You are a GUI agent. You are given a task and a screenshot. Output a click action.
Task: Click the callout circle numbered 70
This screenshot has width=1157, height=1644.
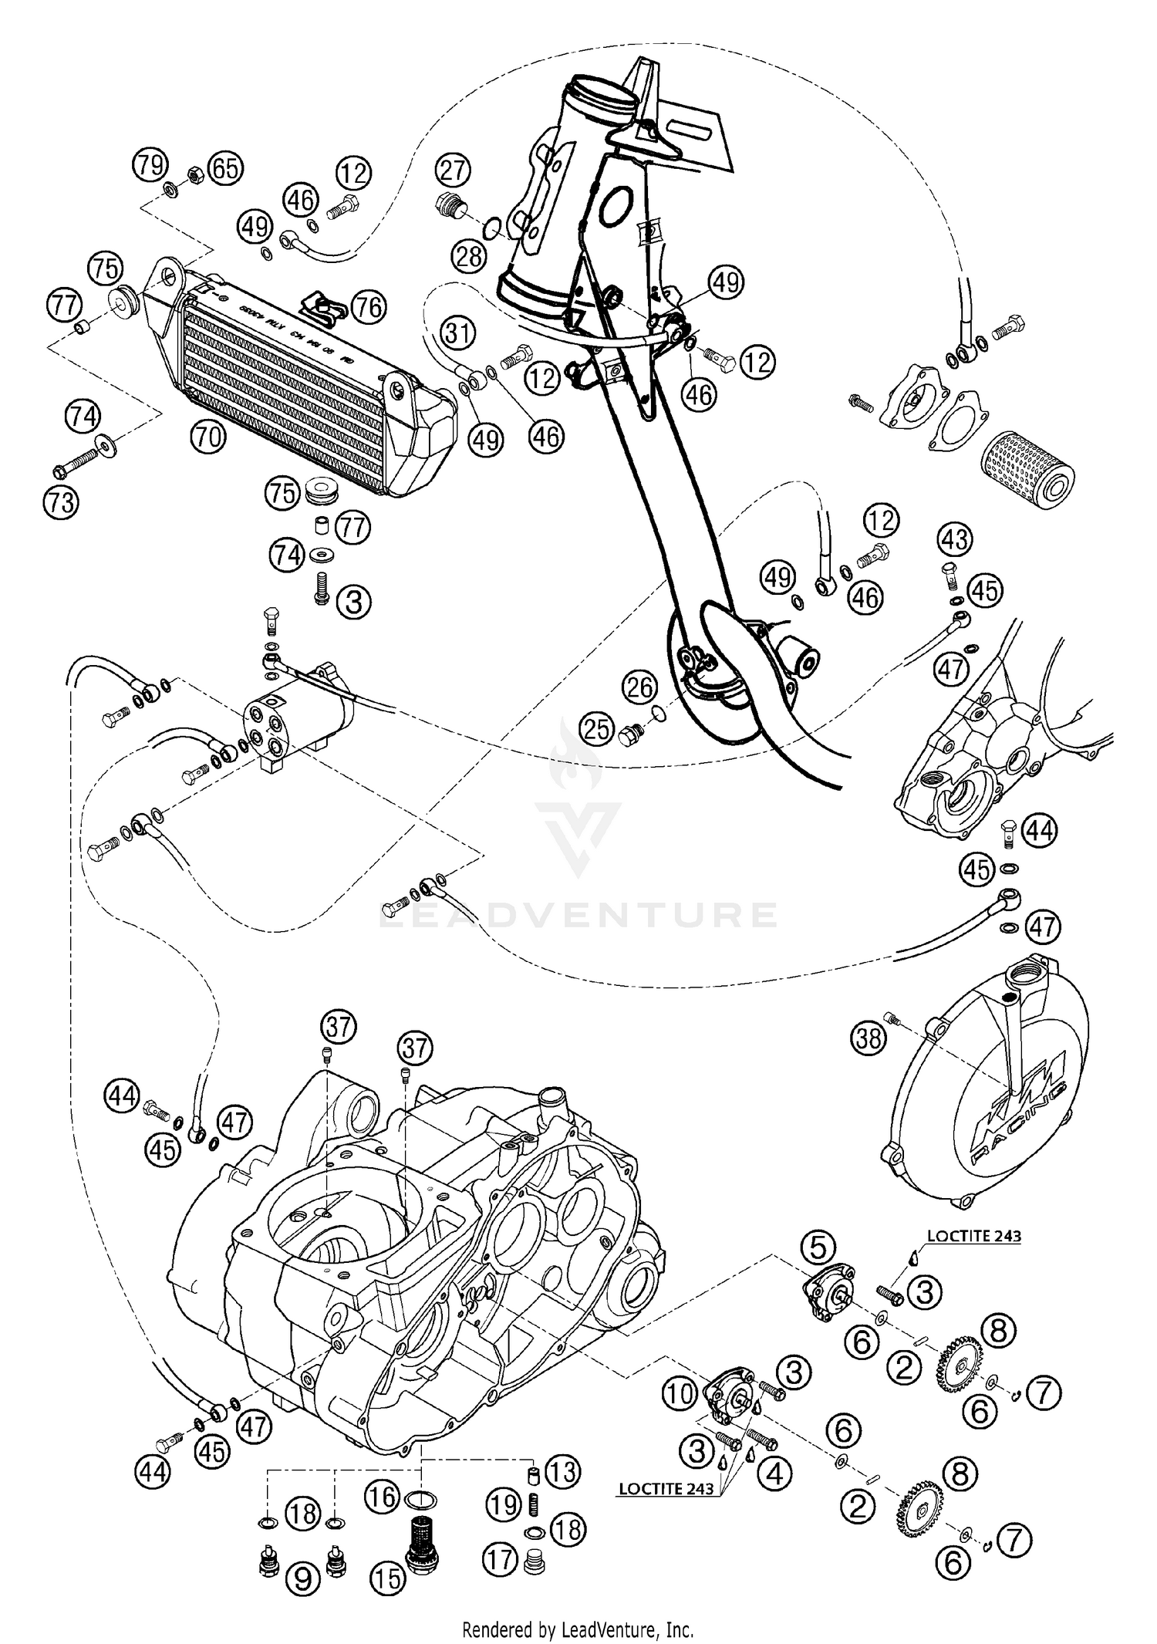(x=207, y=437)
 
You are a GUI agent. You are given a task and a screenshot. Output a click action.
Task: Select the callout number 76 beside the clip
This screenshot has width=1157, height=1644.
(x=368, y=308)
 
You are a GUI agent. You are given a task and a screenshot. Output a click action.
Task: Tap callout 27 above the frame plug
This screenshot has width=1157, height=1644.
(x=454, y=170)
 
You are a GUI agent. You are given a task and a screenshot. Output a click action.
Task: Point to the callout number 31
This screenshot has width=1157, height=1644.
(x=459, y=335)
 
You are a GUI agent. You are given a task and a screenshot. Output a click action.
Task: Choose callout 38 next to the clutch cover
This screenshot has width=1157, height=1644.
(x=869, y=1039)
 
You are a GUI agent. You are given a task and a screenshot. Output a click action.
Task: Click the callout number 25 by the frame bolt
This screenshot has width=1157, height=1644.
(x=597, y=730)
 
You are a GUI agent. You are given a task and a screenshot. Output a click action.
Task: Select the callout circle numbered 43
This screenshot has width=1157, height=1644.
(x=955, y=539)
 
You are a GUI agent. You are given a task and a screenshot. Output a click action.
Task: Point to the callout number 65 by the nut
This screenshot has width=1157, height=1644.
(x=225, y=168)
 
